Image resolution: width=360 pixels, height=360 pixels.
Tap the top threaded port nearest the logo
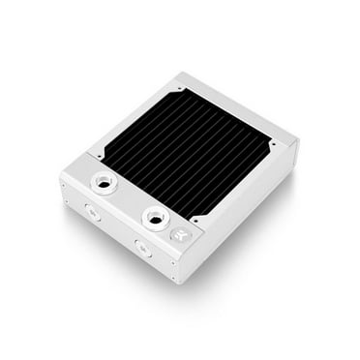(x=155, y=216)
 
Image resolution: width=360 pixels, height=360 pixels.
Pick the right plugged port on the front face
(x=143, y=249)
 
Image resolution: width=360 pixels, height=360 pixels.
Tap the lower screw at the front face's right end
(x=173, y=274)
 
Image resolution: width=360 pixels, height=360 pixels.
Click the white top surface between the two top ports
(x=126, y=198)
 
